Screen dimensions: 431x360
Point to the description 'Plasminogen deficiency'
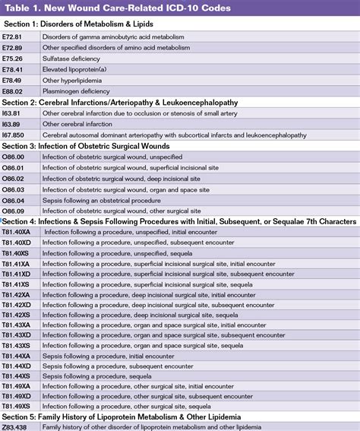[77, 90]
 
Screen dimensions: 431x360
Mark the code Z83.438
[18, 426]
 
